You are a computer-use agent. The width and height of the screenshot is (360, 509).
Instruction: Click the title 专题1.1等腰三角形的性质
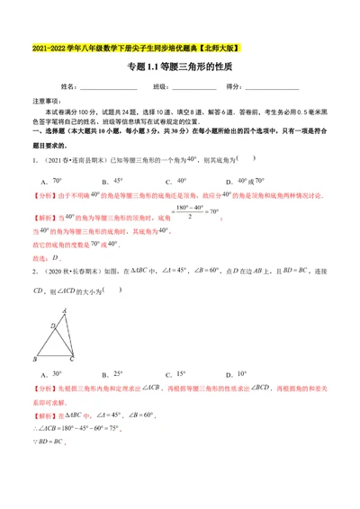[x=179, y=67]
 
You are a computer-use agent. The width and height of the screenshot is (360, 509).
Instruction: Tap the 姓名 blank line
[x=106, y=87]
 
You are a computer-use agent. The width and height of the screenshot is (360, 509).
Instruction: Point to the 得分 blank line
[x=270, y=87]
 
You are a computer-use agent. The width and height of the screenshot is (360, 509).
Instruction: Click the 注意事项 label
[x=47, y=102]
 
